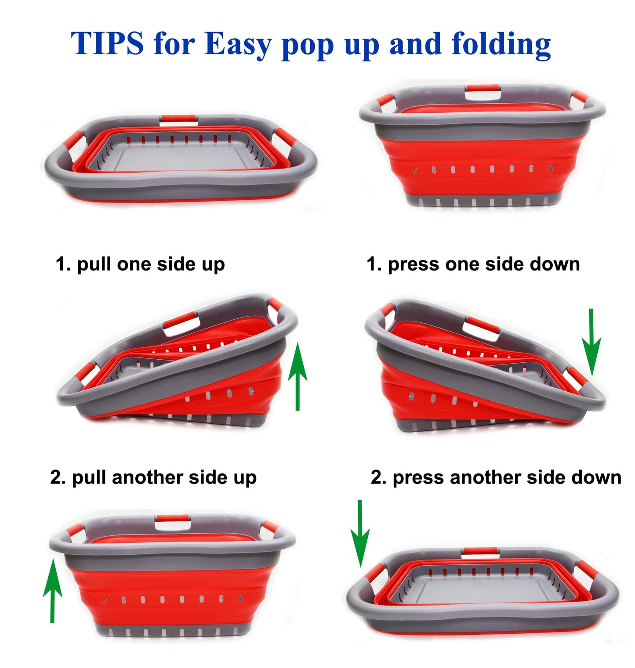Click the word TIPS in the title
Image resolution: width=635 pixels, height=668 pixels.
(x=107, y=44)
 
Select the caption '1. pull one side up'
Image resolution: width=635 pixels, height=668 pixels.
(x=140, y=264)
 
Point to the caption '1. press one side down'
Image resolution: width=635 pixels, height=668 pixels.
(x=473, y=264)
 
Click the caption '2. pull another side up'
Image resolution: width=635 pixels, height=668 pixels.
(x=153, y=477)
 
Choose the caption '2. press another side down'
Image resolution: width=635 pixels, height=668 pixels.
(x=496, y=477)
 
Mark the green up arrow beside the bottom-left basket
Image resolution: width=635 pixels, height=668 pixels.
(x=52, y=590)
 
